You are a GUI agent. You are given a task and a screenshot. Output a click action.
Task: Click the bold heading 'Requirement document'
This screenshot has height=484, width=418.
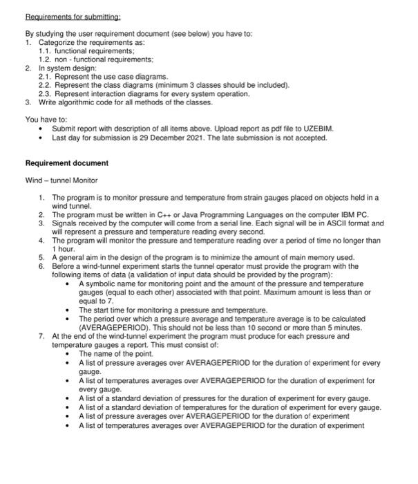[66, 163]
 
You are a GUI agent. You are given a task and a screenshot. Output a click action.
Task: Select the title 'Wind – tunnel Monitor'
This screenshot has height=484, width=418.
[61, 180]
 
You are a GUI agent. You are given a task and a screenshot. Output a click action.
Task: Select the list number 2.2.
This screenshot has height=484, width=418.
[46, 84]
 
